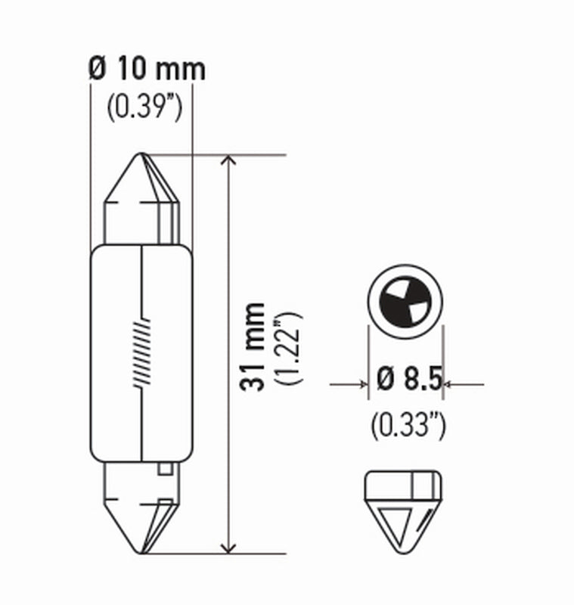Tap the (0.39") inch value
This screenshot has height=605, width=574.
coord(144,108)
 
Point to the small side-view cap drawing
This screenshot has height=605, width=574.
coord(404,507)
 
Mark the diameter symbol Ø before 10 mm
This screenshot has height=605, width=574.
coord(97,70)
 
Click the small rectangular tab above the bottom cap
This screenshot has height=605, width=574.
coord(164,469)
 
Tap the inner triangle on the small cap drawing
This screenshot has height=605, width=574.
coord(396,522)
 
